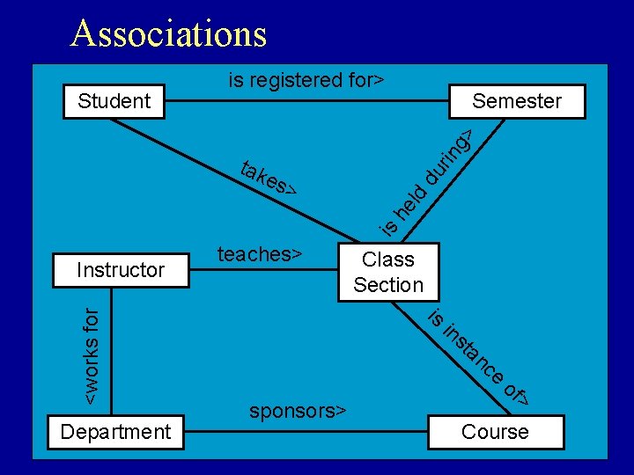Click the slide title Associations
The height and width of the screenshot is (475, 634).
pyautogui.click(x=169, y=33)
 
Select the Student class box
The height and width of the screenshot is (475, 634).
pyautogui.click(x=114, y=101)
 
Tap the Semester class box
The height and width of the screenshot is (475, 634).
pyautogui.click(x=517, y=101)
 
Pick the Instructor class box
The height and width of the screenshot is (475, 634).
pyautogui.click(x=121, y=270)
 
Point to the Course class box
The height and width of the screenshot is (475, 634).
pyautogui.click(x=495, y=432)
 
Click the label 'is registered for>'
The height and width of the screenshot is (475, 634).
pyautogui.click(x=306, y=80)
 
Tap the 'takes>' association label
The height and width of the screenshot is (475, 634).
pyautogui.click(x=268, y=178)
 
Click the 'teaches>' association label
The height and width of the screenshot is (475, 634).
pyautogui.click(x=260, y=254)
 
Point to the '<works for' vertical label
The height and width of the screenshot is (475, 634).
pyautogui.click(x=92, y=356)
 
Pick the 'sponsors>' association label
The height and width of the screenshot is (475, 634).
pyautogui.click(x=298, y=411)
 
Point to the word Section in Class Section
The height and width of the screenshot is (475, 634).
pyautogui.click(x=388, y=285)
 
